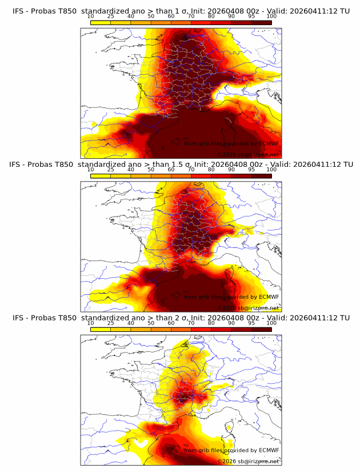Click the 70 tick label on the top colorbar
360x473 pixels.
coord(191,15)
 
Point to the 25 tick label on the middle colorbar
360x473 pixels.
coord(110,169)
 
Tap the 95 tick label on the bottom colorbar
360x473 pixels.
coord(251,323)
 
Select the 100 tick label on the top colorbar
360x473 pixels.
coord(271,15)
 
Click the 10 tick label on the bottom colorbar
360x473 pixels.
coord(90,323)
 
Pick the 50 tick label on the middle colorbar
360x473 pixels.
coord(151,169)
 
